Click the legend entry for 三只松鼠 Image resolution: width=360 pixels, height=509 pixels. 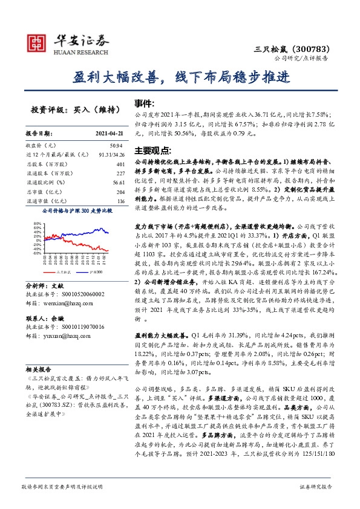point(63,273)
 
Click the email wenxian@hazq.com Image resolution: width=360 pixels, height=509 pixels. point(62,304)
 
